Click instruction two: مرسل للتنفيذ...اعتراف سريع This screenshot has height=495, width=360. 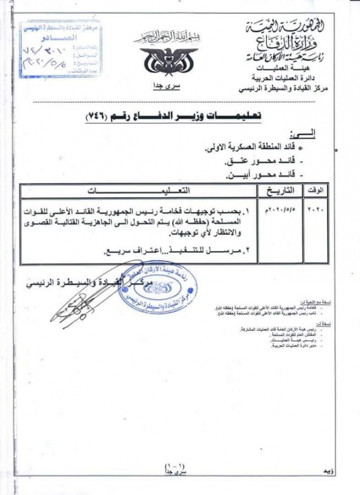tap(175, 252)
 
